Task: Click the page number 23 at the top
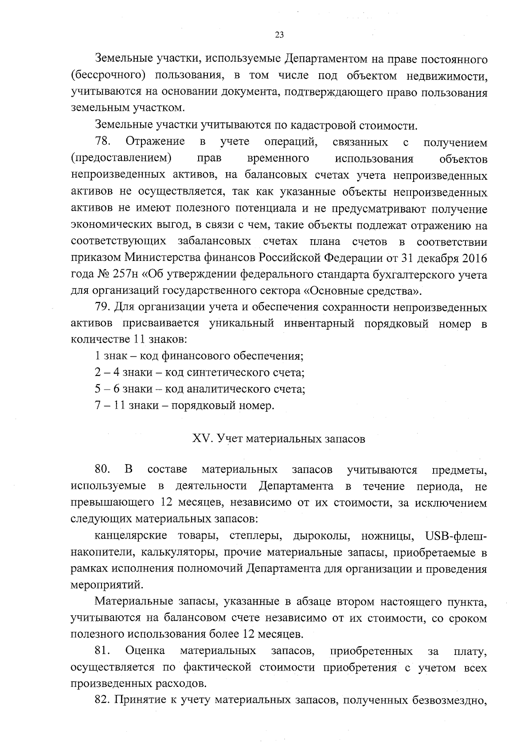click(x=279, y=35)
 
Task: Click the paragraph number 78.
click(x=102, y=142)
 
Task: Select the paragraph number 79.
click(x=102, y=307)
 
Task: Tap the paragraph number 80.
click(x=102, y=469)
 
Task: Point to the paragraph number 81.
click(x=102, y=651)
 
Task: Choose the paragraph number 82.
click(x=102, y=700)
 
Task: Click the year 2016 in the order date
click(x=474, y=258)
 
